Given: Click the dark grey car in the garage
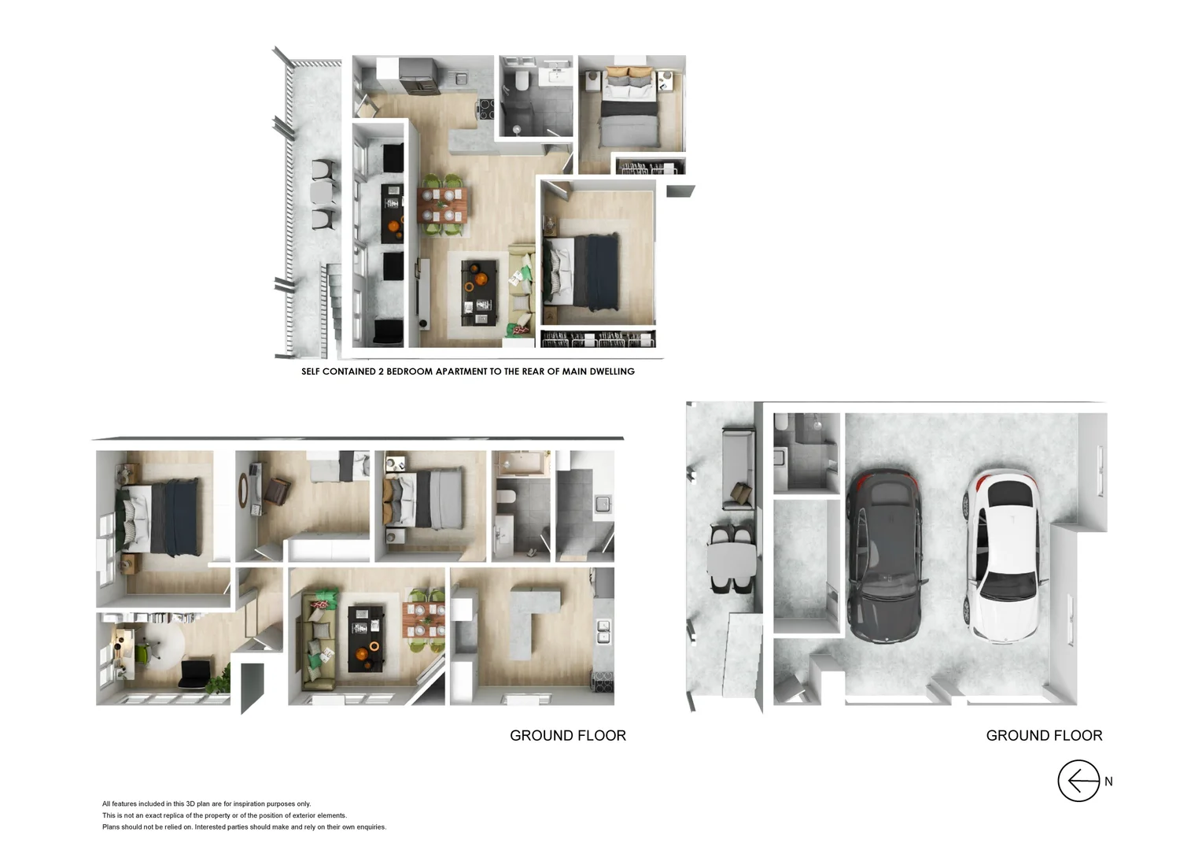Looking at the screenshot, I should pos(885,556).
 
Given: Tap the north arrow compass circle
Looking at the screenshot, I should pos(1078,781).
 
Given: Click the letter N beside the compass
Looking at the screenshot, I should pos(1108,782).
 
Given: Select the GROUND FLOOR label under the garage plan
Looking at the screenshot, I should pos(1044,735).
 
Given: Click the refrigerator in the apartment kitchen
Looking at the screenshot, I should pos(416,75).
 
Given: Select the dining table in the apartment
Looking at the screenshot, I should pos(443,205).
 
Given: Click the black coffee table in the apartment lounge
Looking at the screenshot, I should pos(478,291).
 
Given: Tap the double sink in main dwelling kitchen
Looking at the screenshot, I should pos(603,630).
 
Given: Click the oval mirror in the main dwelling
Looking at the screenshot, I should pos(243,491).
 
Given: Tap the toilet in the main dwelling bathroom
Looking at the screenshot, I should pos(505,498).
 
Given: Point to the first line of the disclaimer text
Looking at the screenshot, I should pos(206,804).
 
